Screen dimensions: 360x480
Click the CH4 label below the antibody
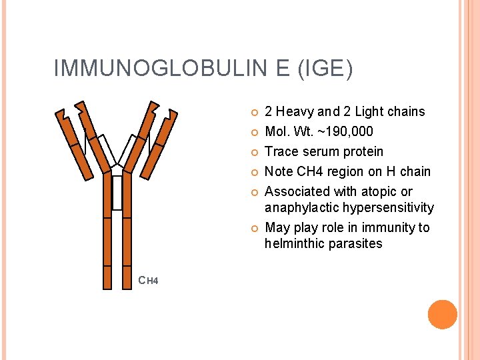click(148, 281)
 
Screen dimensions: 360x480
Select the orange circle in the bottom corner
click(443, 314)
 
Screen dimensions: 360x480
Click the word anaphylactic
click(298, 207)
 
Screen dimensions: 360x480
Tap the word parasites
click(358, 243)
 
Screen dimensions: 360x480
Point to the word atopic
click(375, 191)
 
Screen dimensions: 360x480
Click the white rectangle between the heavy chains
click(117, 193)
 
